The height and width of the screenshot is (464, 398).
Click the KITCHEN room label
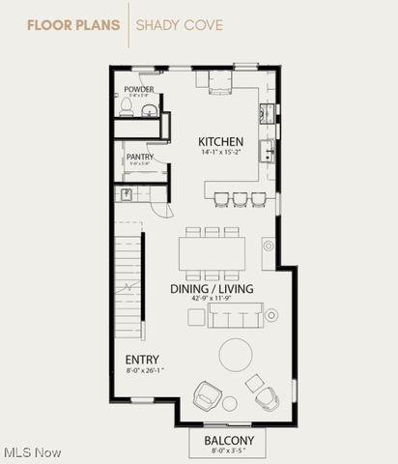coord(221,141)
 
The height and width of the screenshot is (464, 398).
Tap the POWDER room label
coord(139,90)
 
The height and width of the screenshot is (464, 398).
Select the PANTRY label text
coord(139,157)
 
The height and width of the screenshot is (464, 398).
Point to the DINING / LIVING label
coord(212,289)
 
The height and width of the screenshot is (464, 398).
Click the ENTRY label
coord(143,360)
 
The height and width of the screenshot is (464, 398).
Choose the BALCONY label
coord(229,441)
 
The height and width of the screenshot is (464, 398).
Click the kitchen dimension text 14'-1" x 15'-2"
coord(221,152)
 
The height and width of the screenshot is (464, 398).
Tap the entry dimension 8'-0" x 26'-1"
coord(145,370)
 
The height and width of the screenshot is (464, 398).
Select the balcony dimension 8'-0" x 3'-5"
coord(229,450)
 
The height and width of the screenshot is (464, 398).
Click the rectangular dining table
coord(212,254)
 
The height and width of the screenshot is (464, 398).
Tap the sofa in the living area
coord(235,313)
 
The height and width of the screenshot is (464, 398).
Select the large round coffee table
coord(236,354)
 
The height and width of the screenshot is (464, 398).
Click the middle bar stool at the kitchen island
coord(240,198)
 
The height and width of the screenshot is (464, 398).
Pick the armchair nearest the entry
coord(208,395)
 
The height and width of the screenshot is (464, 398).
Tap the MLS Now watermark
coord(32,451)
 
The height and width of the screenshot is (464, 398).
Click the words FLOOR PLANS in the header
coord(72,23)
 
